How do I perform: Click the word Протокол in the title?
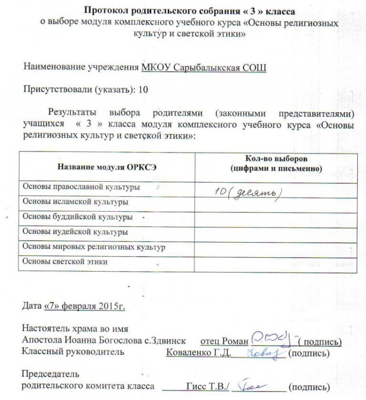pos(105,10)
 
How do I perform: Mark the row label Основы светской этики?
pos(66,262)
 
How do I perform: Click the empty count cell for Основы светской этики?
pos(274,263)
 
